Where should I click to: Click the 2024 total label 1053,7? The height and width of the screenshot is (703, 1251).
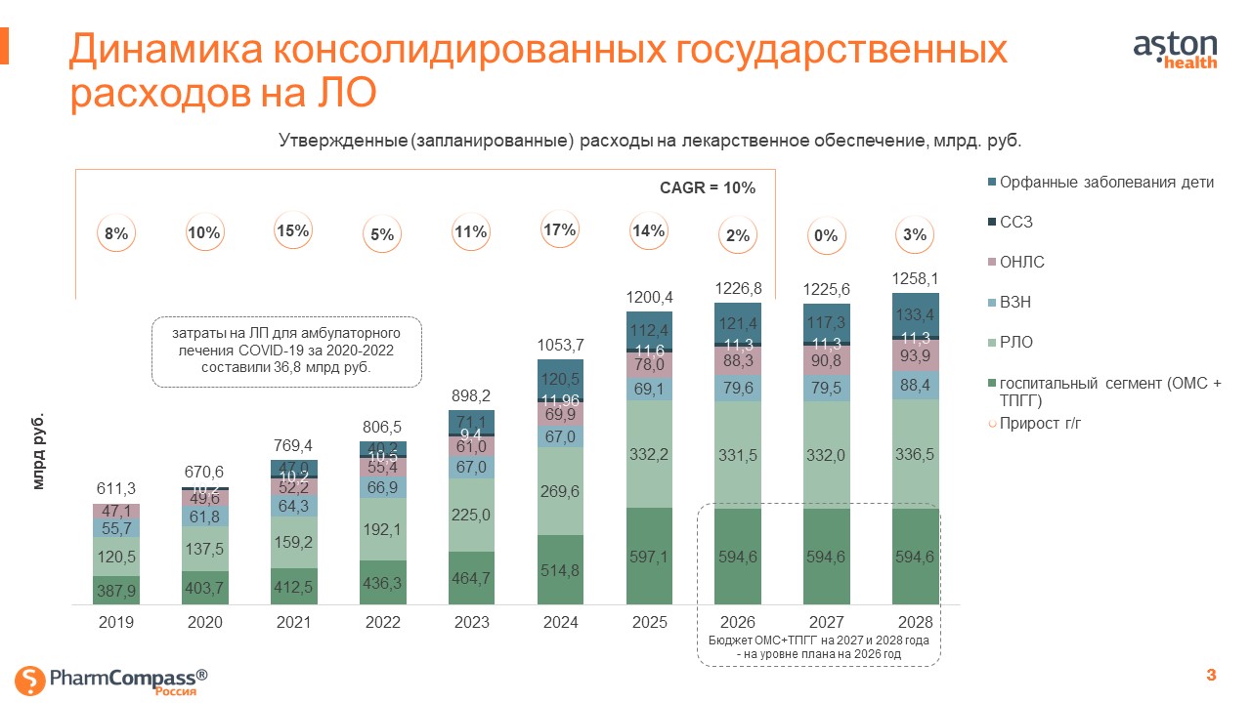[x=560, y=344]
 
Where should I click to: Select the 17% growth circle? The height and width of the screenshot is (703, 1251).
[x=558, y=230]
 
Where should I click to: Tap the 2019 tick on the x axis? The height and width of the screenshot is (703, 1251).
[x=116, y=621]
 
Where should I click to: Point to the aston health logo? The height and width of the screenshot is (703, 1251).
[x=1175, y=50]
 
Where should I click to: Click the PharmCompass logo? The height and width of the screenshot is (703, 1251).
[x=113, y=679]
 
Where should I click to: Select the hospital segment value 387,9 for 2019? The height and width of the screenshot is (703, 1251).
[x=116, y=591]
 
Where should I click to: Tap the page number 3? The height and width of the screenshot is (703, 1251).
[x=1212, y=675]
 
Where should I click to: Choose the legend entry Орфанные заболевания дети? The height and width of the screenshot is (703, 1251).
[x=1100, y=183]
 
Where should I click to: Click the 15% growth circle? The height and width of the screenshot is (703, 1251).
[x=292, y=231]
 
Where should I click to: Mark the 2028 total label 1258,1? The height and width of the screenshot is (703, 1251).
[x=916, y=279]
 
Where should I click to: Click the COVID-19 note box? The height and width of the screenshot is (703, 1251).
[x=287, y=351]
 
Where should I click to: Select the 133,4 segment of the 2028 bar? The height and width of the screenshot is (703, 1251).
[x=916, y=313]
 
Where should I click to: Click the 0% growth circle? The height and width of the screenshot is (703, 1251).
[x=826, y=235]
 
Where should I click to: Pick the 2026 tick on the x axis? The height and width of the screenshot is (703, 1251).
[x=738, y=621]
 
